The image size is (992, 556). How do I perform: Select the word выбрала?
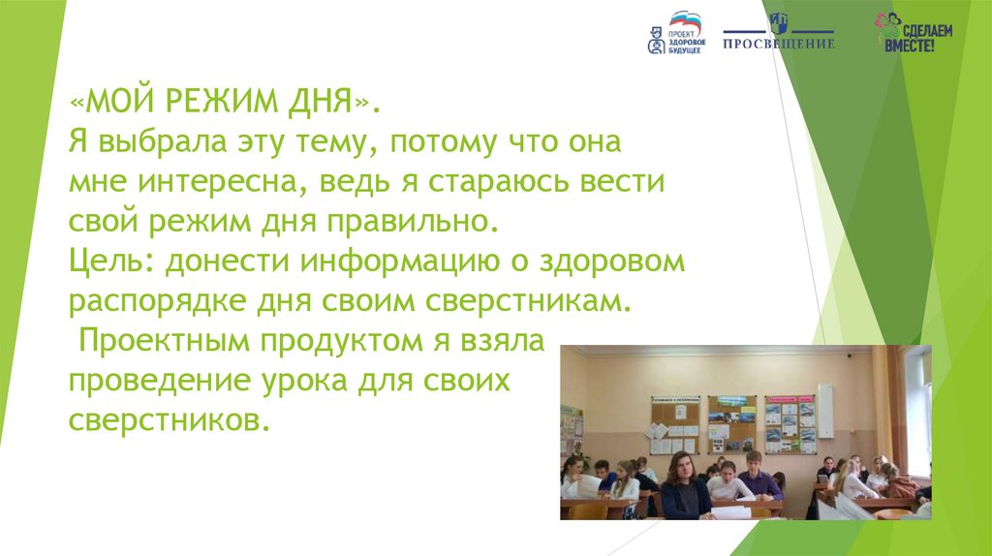(x=163, y=141)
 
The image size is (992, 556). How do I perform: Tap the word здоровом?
(x=612, y=262)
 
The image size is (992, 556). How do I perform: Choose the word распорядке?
(x=157, y=301)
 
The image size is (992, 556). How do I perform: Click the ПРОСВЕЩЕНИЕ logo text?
(x=779, y=44)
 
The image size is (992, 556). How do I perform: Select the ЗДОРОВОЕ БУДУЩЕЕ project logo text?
(x=687, y=43)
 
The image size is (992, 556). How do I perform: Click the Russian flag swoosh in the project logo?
(x=686, y=19)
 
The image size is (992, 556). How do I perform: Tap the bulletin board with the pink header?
(x=790, y=424)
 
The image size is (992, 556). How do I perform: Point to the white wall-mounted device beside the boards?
(x=825, y=411)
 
